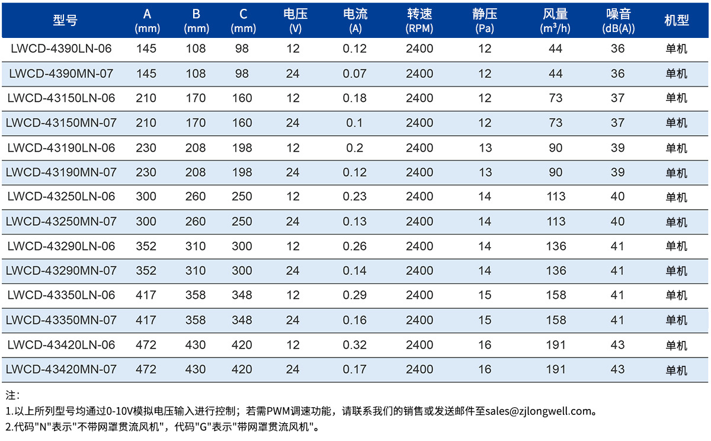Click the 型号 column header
[x=65, y=20]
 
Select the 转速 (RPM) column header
[x=419, y=21]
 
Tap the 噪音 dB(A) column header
[x=619, y=21]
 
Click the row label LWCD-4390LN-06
[x=61, y=49]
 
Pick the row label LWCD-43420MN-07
[x=61, y=369]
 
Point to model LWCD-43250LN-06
[x=61, y=197]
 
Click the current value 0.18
[x=354, y=98]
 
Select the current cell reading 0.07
[x=354, y=73]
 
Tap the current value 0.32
[x=354, y=345]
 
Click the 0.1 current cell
[x=354, y=123]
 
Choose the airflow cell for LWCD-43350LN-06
[x=556, y=295]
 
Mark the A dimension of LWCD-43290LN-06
[x=146, y=247]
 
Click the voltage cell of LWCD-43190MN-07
[x=293, y=172]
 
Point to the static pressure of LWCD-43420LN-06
[x=485, y=345]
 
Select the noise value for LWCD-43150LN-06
[x=617, y=98]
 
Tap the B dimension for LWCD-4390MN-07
[x=196, y=73]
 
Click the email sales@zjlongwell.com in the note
[x=539, y=411]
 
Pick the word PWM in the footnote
[x=278, y=411]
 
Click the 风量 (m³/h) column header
[x=555, y=21]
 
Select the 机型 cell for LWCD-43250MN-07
[x=677, y=222]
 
